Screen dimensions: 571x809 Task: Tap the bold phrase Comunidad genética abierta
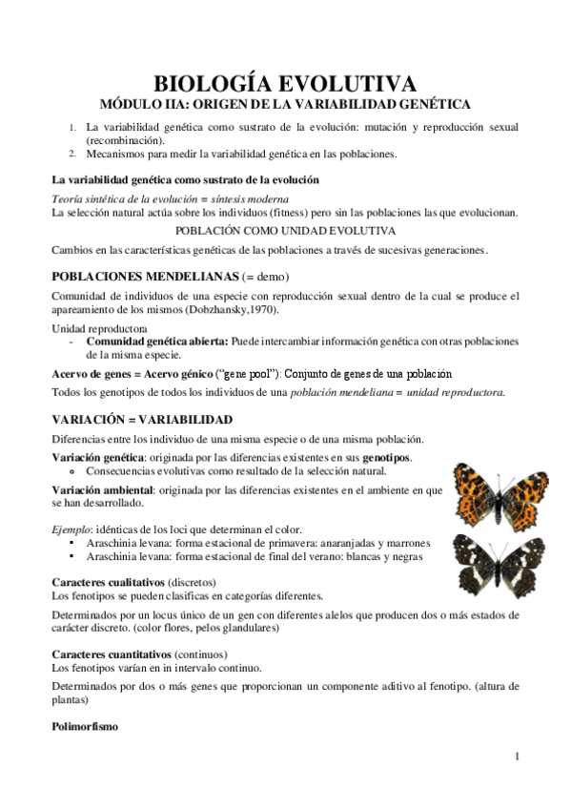pos(156,341)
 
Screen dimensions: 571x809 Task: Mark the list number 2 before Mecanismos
pos(71,153)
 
